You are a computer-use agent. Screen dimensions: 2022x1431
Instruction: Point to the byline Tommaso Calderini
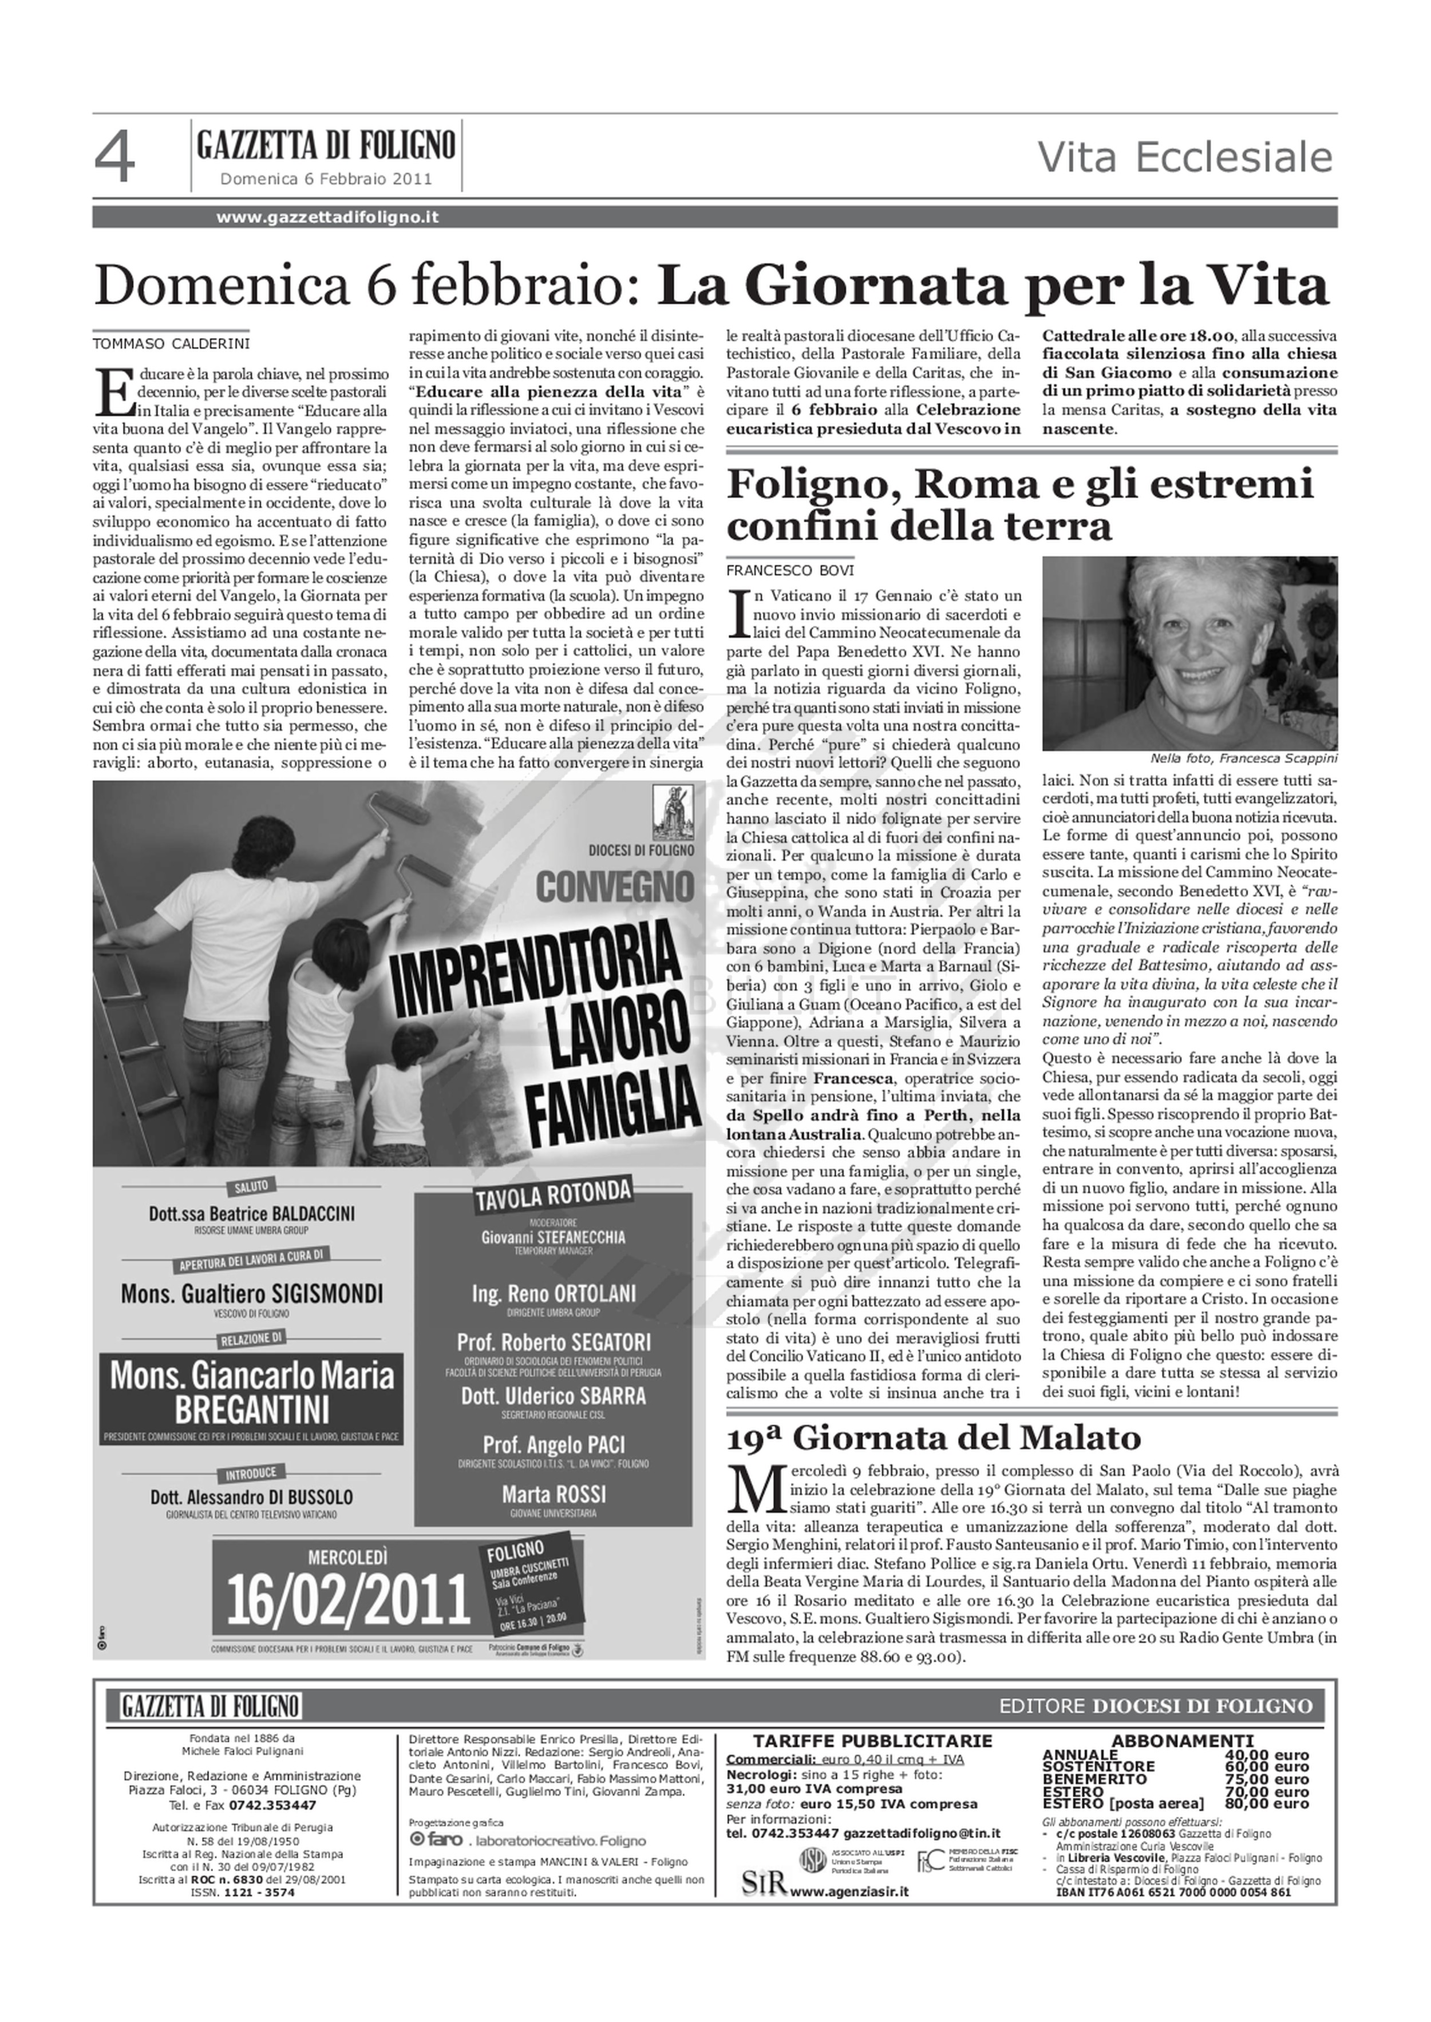(171, 343)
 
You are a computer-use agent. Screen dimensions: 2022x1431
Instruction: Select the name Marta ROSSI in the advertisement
(554, 1495)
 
